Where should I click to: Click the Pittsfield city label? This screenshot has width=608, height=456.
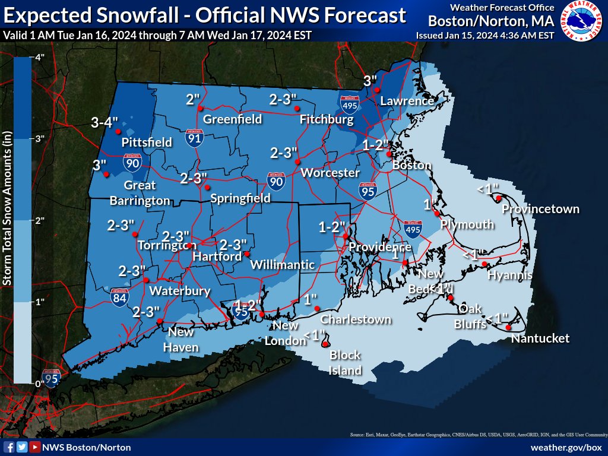tap(147, 142)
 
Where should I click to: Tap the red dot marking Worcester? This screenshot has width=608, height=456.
tap(298, 161)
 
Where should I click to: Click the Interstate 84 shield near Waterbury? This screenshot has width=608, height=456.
tap(119, 297)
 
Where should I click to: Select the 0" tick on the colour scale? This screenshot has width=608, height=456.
tap(40, 383)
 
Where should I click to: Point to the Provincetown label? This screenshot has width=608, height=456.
tap(540, 209)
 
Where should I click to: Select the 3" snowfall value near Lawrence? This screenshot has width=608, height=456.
tap(370, 80)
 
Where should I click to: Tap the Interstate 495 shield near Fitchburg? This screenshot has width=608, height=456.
tap(349, 104)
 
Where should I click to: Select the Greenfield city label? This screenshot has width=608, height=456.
tap(233, 119)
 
